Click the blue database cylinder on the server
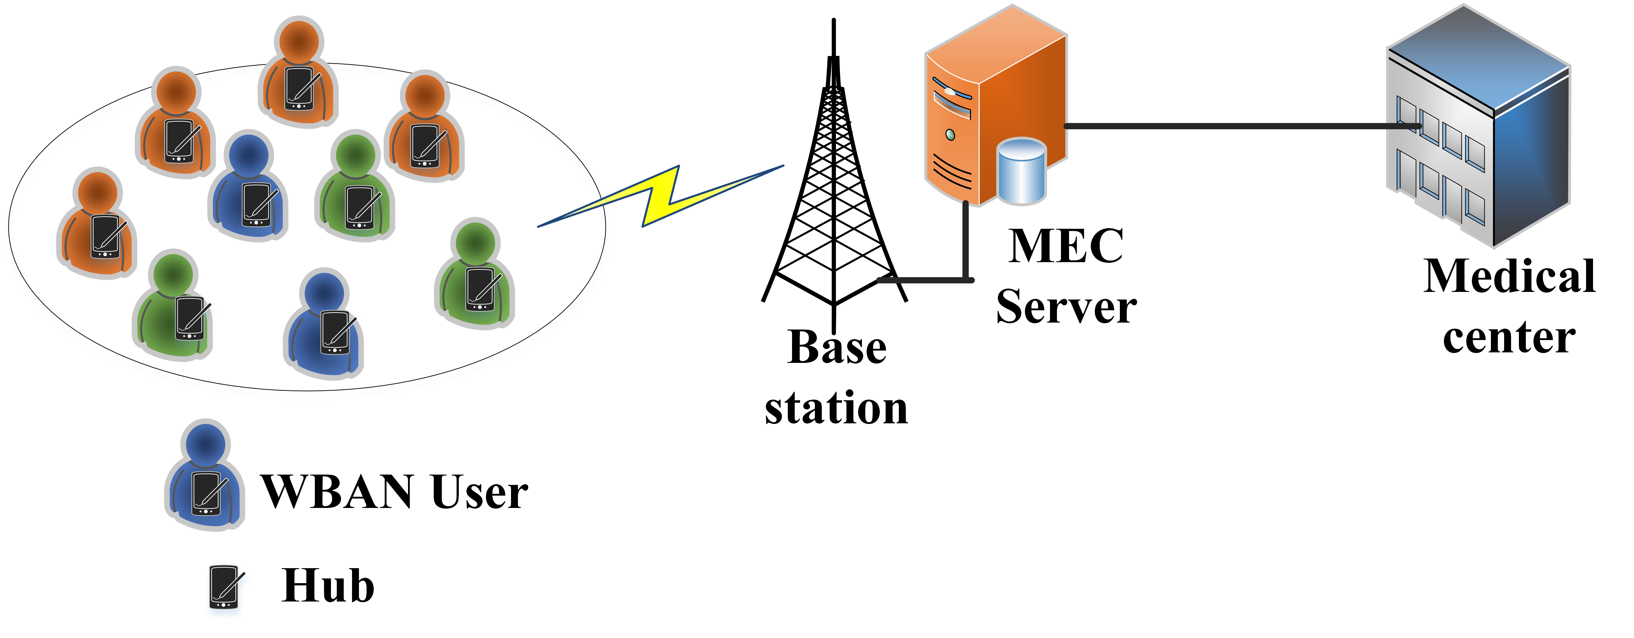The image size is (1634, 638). tap(1021, 171)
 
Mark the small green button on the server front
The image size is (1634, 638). tap(950, 135)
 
